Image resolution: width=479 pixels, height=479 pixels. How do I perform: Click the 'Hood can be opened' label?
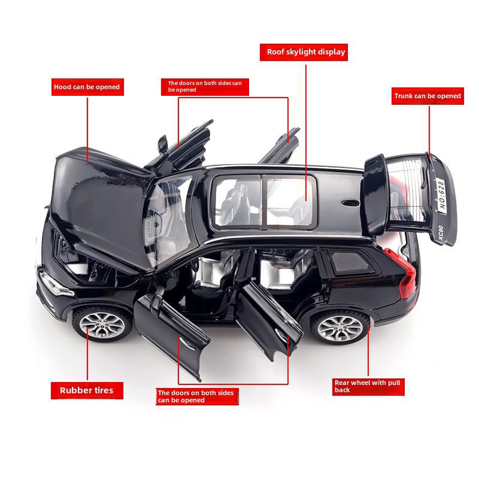pos(87,87)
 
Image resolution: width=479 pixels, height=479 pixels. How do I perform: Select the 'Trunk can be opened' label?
pos(428,96)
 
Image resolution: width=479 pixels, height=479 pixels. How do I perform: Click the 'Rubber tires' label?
pos(87,390)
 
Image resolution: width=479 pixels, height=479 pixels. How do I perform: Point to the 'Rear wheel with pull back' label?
pos(368,387)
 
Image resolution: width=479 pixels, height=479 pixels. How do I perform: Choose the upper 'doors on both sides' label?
pos(205,87)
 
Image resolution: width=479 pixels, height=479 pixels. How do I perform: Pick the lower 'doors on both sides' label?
pos(197,396)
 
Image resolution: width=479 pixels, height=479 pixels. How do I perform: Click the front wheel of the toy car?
pos(102,325)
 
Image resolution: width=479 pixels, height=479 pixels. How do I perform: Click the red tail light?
pos(402,272)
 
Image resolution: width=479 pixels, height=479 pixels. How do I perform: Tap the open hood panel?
pos(101,208)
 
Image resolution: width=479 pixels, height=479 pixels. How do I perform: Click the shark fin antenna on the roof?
pos(350,202)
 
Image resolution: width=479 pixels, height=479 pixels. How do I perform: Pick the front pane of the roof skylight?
pos(237,201)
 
